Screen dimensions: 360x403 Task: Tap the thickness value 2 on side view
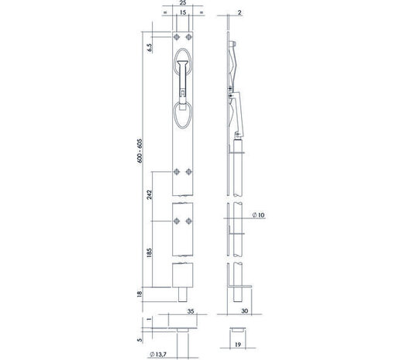point(240,14)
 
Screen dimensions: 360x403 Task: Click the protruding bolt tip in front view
point(184,296)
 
